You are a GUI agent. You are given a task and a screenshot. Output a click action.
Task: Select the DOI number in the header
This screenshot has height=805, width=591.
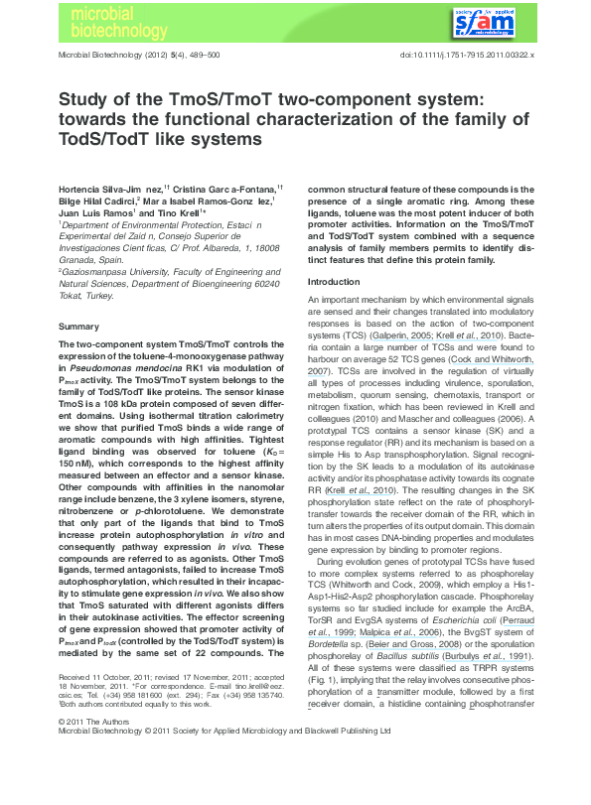467,57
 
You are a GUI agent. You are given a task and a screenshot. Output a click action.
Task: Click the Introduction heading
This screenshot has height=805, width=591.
336,283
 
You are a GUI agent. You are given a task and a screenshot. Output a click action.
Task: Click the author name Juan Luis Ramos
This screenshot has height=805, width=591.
93,212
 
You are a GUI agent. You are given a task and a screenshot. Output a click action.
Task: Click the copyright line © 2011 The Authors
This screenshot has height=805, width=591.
89,775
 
